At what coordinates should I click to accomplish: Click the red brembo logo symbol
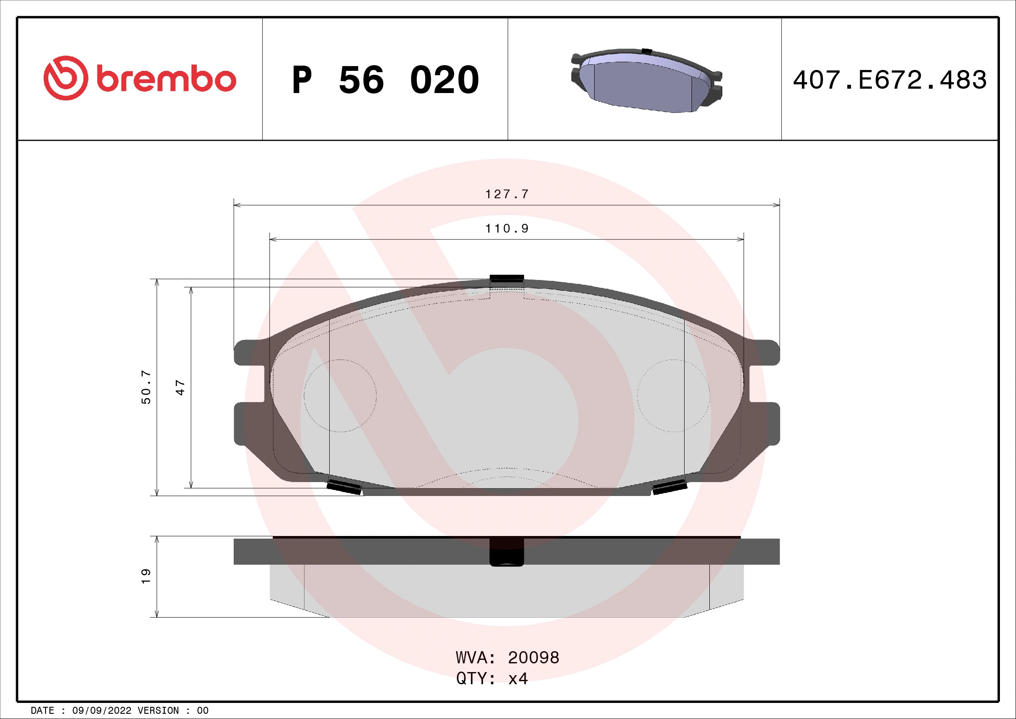66,78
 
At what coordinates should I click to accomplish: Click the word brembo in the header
166,79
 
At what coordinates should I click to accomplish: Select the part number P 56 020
385,80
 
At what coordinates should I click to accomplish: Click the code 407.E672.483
890,80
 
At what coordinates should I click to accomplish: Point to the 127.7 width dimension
506,194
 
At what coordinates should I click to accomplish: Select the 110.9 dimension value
506,229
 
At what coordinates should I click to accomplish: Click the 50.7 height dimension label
146,387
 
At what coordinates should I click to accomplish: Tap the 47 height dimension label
180,387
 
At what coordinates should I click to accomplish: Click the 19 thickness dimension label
146,576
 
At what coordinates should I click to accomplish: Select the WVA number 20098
533,658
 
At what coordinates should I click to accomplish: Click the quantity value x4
518,679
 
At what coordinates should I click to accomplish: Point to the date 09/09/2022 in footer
101,711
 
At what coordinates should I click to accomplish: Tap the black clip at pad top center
506,279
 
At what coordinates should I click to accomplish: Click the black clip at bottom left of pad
344,486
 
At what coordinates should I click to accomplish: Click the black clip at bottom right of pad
669,486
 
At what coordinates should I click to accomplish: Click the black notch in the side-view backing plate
506,552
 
